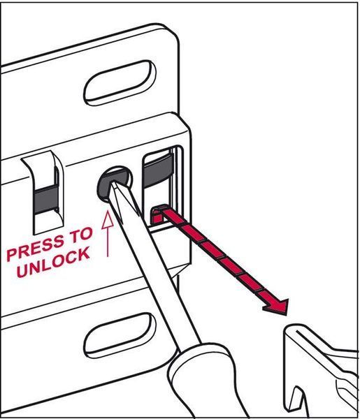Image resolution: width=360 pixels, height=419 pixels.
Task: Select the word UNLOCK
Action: pyautogui.click(x=53, y=262)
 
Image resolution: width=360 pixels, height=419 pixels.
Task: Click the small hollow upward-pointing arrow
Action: pyautogui.click(x=108, y=233)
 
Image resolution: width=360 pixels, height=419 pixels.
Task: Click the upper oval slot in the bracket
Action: pyautogui.click(x=120, y=83)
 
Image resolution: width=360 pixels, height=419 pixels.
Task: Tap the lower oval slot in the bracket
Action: pyautogui.click(x=120, y=335)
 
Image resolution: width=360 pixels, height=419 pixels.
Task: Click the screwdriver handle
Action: pyautogui.click(x=208, y=385)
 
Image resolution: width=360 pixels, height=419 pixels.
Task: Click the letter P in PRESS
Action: pyautogui.click(x=13, y=256)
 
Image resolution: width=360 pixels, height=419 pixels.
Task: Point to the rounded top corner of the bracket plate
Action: pyautogui.click(x=171, y=30)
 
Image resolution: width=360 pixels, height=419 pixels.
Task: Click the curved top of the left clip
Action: pyautogui.click(x=40, y=159)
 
